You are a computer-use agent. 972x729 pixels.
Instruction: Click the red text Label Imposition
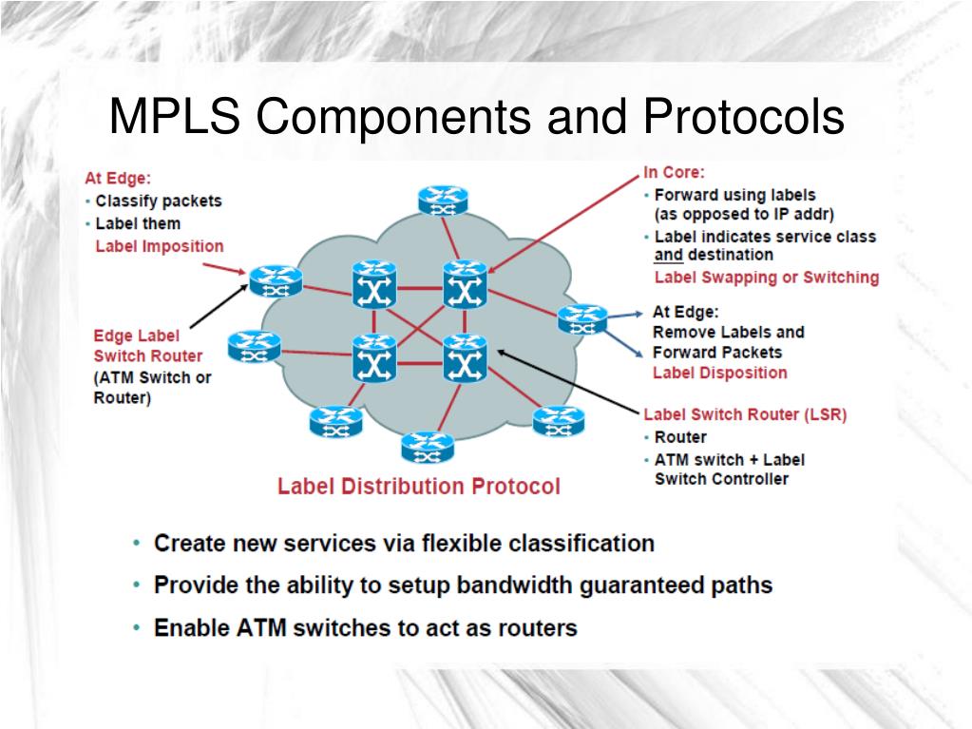[160, 246]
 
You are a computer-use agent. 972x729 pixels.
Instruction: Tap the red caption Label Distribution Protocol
[418, 487]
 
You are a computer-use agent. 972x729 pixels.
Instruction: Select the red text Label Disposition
[719, 373]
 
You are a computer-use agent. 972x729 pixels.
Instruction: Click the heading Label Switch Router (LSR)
[744, 414]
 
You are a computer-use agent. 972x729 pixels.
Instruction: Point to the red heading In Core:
[674, 172]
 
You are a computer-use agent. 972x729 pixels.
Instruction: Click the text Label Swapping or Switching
[766, 278]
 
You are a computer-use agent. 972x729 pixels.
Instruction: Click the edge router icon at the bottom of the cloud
[427, 446]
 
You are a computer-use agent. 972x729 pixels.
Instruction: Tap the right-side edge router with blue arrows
[581, 318]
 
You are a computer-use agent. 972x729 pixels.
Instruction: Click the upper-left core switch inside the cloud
[373, 284]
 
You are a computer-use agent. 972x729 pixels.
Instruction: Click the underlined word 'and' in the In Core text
[668, 255]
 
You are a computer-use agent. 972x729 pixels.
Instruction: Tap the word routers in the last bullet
[540, 628]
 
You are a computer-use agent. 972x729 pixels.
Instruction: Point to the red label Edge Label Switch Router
[147, 346]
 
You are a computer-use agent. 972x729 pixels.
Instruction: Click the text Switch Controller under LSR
[721, 479]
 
